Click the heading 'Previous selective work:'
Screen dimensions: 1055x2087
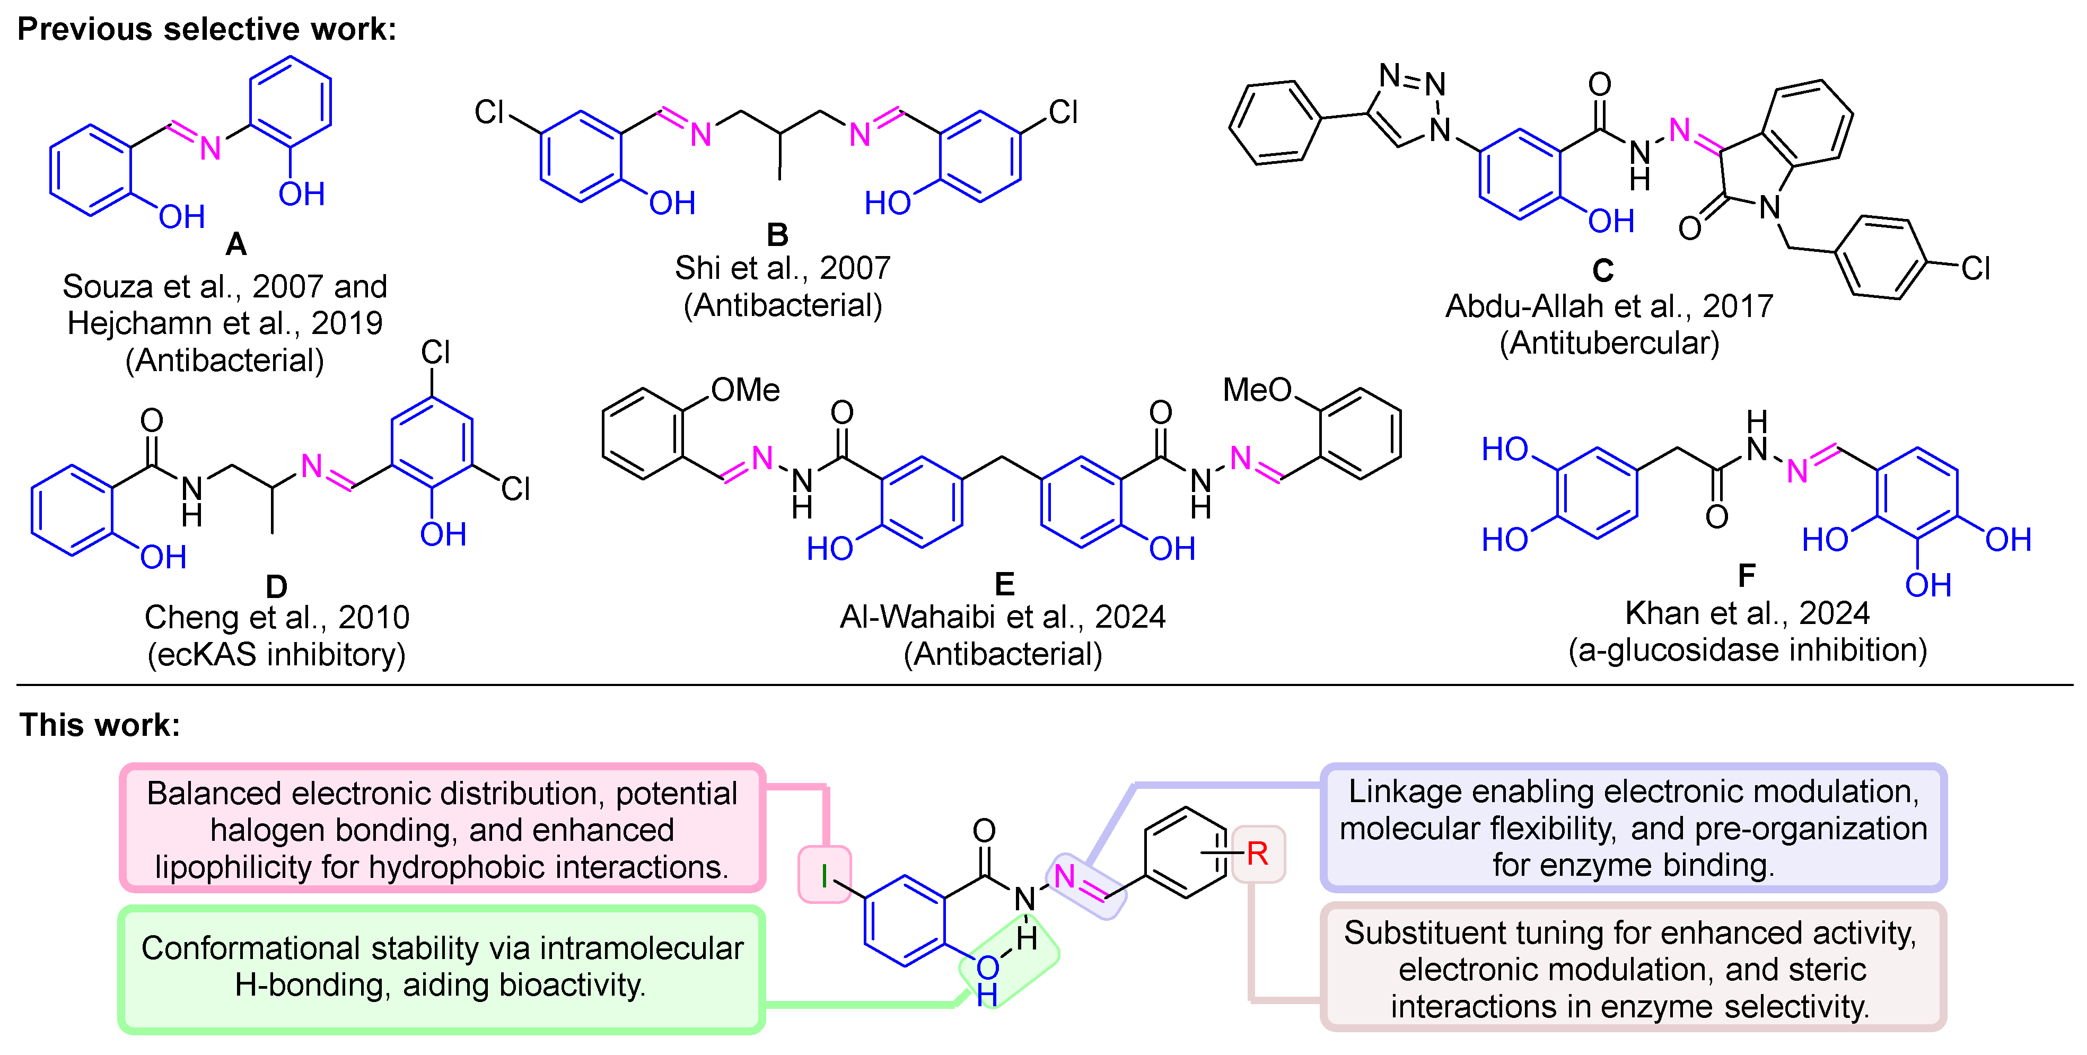(x=207, y=29)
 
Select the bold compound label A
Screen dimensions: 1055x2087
(x=236, y=244)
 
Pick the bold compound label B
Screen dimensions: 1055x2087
(x=777, y=235)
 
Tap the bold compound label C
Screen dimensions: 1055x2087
(x=1602, y=270)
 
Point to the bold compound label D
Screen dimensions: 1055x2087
(x=276, y=586)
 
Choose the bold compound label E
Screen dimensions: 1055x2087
(x=1004, y=583)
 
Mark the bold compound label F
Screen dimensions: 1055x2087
(x=1746, y=575)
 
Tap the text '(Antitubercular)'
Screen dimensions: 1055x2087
(x=1609, y=343)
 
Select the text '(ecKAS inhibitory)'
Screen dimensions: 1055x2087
(x=276, y=654)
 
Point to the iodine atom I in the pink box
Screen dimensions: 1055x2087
(x=824, y=876)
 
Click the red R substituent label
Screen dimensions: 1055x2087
(x=1257, y=853)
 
